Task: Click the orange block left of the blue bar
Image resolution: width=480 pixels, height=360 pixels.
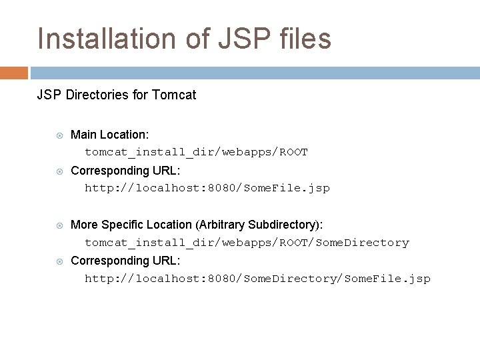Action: [x=13, y=73]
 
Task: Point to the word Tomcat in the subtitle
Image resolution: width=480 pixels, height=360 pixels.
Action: [x=174, y=95]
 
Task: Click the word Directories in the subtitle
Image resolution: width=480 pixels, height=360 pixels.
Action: [x=94, y=95]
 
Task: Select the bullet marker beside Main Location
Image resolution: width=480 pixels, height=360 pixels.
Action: [x=59, y=135]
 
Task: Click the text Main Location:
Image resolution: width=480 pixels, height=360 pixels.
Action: [x=109, y=135]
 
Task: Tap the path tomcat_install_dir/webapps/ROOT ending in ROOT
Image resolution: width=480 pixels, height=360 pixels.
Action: [x=196, y=152]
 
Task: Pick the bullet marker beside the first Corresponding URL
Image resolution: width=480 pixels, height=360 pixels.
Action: [x=59, y=171]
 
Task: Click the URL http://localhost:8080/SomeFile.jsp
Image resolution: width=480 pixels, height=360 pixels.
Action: [x=207, y=188]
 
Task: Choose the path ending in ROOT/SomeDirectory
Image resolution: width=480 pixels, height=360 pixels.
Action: [x=247, y=243]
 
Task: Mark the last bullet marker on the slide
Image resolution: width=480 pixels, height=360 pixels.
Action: [x=59, y=261]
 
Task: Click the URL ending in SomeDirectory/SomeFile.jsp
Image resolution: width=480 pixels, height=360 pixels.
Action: [x=257, y=279]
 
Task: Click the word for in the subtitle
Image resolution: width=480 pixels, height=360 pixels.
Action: [x=140, y=95]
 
